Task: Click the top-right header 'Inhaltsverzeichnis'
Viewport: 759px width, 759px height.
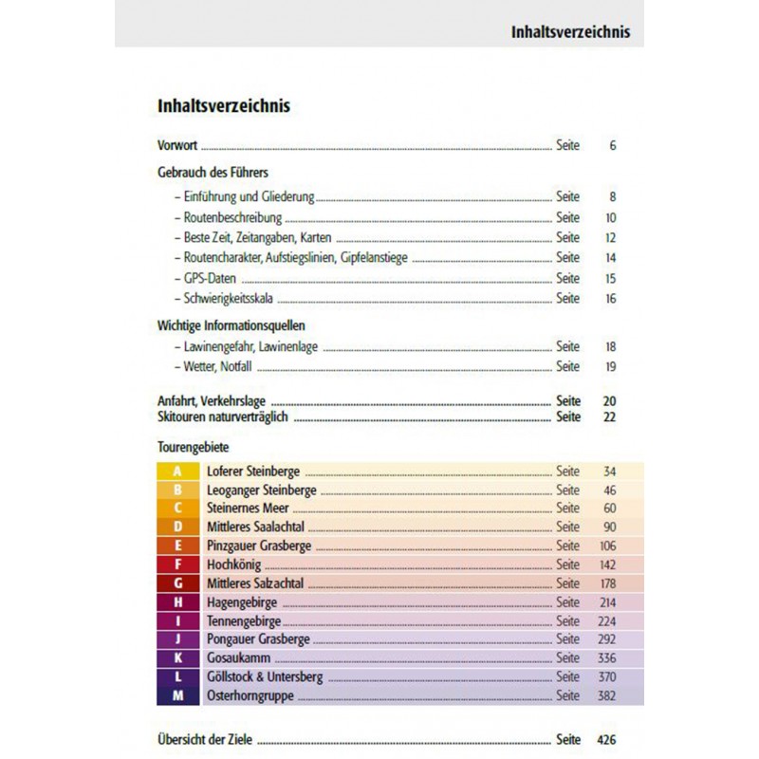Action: pos(569,31)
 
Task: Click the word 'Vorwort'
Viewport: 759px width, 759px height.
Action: pos(177,146)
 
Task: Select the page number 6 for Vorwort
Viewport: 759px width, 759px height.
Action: pos(613,146)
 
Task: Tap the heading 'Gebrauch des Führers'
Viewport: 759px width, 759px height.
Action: pos(213,173)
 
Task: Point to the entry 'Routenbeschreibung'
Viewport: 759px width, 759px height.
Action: pos(220,217)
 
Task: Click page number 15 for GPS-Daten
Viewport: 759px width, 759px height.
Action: pos(610,278)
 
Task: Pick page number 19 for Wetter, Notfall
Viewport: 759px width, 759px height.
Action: pos(610,366)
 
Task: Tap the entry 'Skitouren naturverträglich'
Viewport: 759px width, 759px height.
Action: pos(224,417)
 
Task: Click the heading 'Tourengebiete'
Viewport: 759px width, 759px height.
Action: pos(193,445)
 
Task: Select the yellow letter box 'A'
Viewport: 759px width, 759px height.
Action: pos(178,471)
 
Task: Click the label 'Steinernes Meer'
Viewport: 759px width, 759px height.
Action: pos(248,509)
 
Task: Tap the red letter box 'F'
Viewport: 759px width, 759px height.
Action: pos(178,565)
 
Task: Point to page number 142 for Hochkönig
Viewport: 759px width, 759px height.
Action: pos(607,565)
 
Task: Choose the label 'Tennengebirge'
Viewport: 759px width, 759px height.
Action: pos(244,620)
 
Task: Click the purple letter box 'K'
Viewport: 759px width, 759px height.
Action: pos(178,657)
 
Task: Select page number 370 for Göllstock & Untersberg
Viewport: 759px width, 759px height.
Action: pos(607,676)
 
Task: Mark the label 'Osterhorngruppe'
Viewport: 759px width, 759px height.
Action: pos(250,695)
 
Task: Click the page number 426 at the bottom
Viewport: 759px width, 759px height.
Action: pos(606,739)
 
